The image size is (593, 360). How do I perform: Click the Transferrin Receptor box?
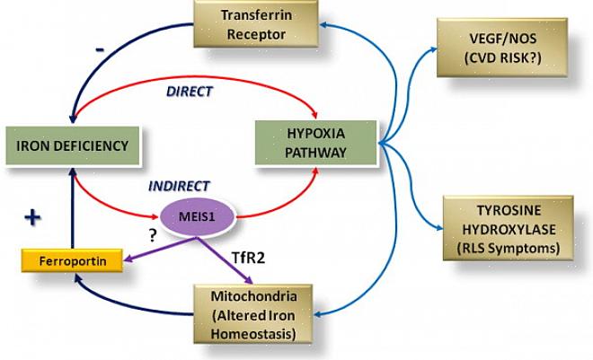(x=254, y=25)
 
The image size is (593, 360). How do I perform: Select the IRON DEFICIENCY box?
(x=71, y=145)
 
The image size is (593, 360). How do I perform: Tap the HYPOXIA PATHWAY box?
(x=316, y=143)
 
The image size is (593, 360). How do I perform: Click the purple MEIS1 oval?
(x=199, y=215)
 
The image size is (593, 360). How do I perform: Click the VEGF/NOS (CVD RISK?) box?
(x=498, y=39)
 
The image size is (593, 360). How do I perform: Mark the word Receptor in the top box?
(x=254, y=35)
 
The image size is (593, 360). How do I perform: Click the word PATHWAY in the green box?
(x=316, y=153)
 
